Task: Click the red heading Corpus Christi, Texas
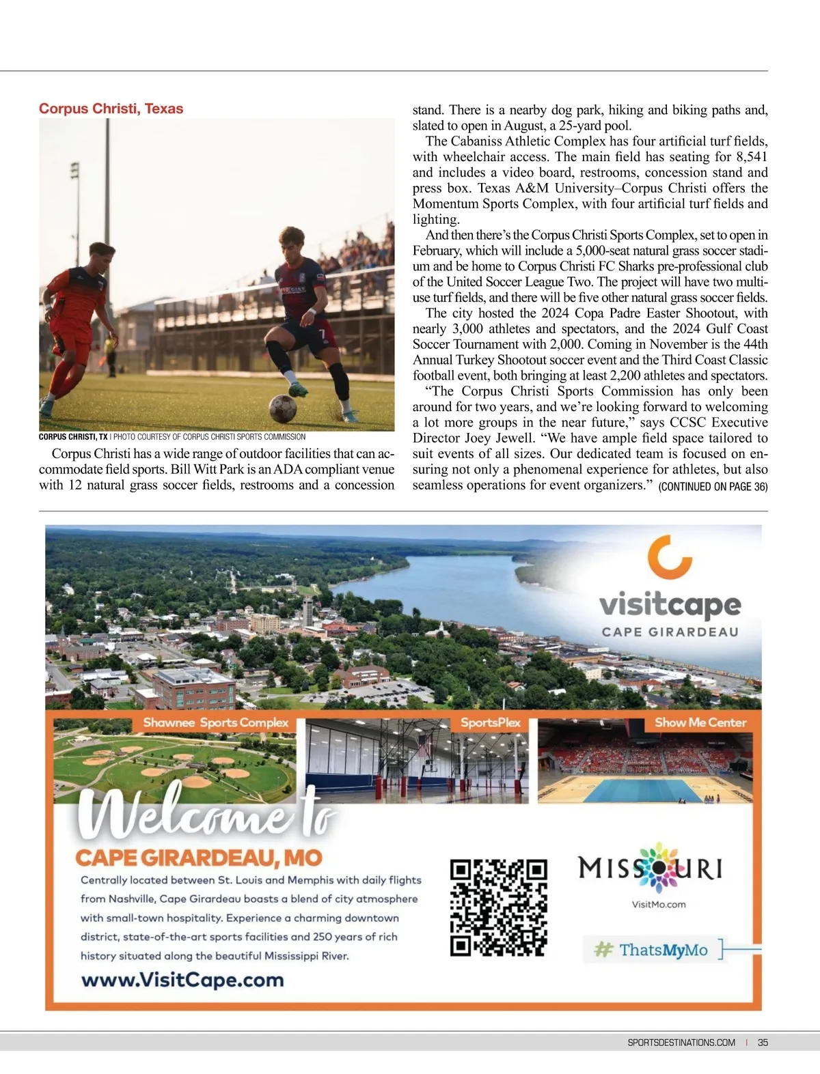pyautogui.click(x=111, y=109)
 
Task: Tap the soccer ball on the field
pyautogui.click(x=282, y=408)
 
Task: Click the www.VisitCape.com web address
pyautogui.click(x=182, y=980)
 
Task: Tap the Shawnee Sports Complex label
pyautogui.click(x=215, y=722)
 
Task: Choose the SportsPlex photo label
pyautogui.click(x=490, y=722)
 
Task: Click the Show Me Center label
pyautogui.click(x=700, y=722)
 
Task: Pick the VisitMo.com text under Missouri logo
pyautogui.click(x=659, y=905)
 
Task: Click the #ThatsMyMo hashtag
pyautogui.click(x=652, y=950)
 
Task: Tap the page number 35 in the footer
pyautogui.click(x=763, y=1042)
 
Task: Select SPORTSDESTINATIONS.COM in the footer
pyautogui.click(x=681, y=1042)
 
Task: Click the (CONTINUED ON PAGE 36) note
pyautogui.click(x=713, y=487)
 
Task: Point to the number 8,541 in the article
pyautogui.click(x=746, y=157)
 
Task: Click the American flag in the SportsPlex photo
pyautogui.click(x=425, y=746)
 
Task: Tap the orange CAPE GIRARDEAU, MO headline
pyautogui.click(x=198, y=858)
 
